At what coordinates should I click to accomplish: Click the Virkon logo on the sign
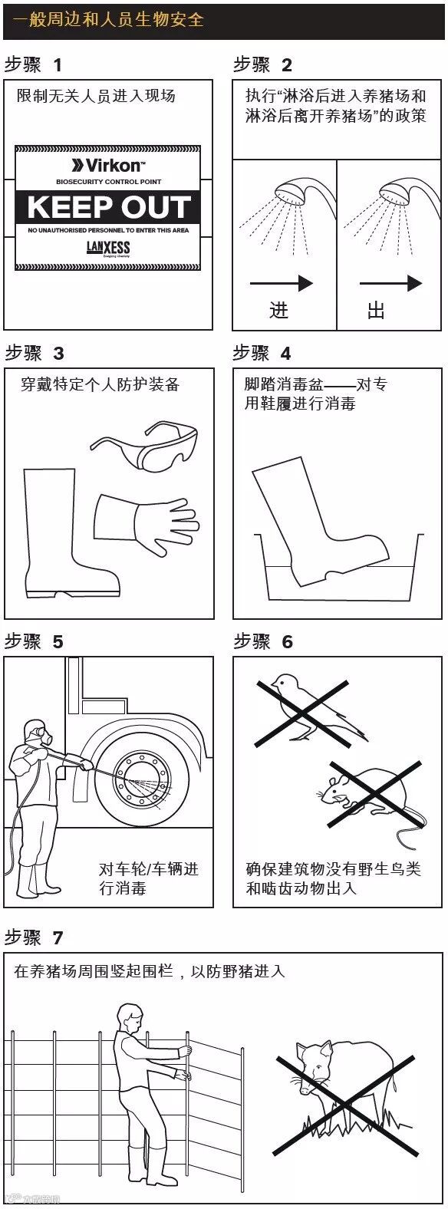[108, 165]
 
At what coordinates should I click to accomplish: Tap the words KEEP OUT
[109, 206]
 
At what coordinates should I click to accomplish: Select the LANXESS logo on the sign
[108, 249]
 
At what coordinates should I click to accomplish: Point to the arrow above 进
[282, 283]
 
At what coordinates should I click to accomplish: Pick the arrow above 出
[390, 283]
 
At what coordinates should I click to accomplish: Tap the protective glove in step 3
[147, 522]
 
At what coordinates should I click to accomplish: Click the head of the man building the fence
[130, 1017]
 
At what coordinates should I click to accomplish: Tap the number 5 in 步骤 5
[58, 642]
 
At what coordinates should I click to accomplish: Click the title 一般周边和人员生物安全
[108, 19]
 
